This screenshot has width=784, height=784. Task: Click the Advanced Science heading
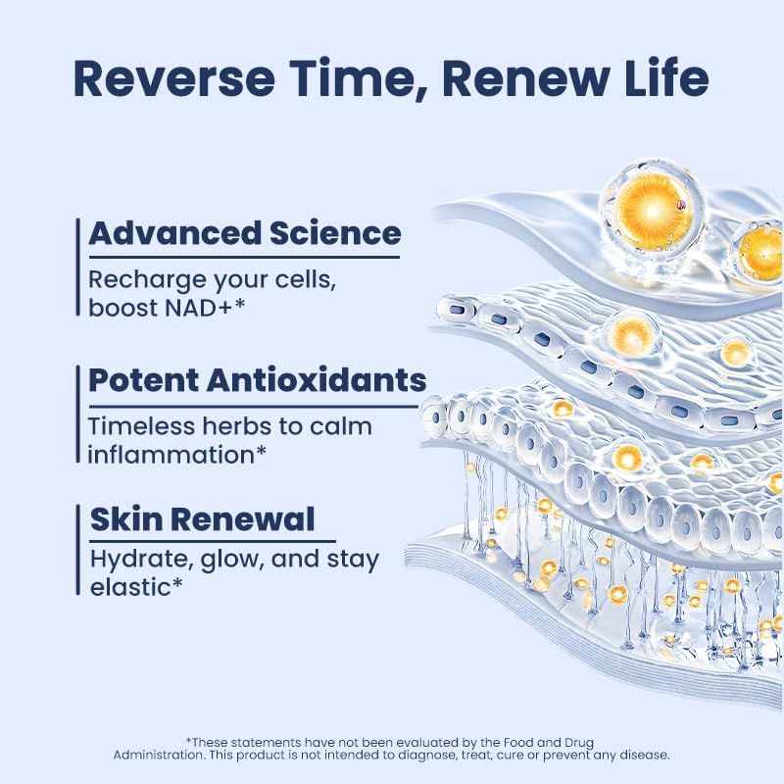pos(244,233)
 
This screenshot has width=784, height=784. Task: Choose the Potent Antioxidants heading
pos(257,380)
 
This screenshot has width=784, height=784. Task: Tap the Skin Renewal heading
pos(203,519)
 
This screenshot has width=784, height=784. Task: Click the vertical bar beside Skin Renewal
pos(78,549)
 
